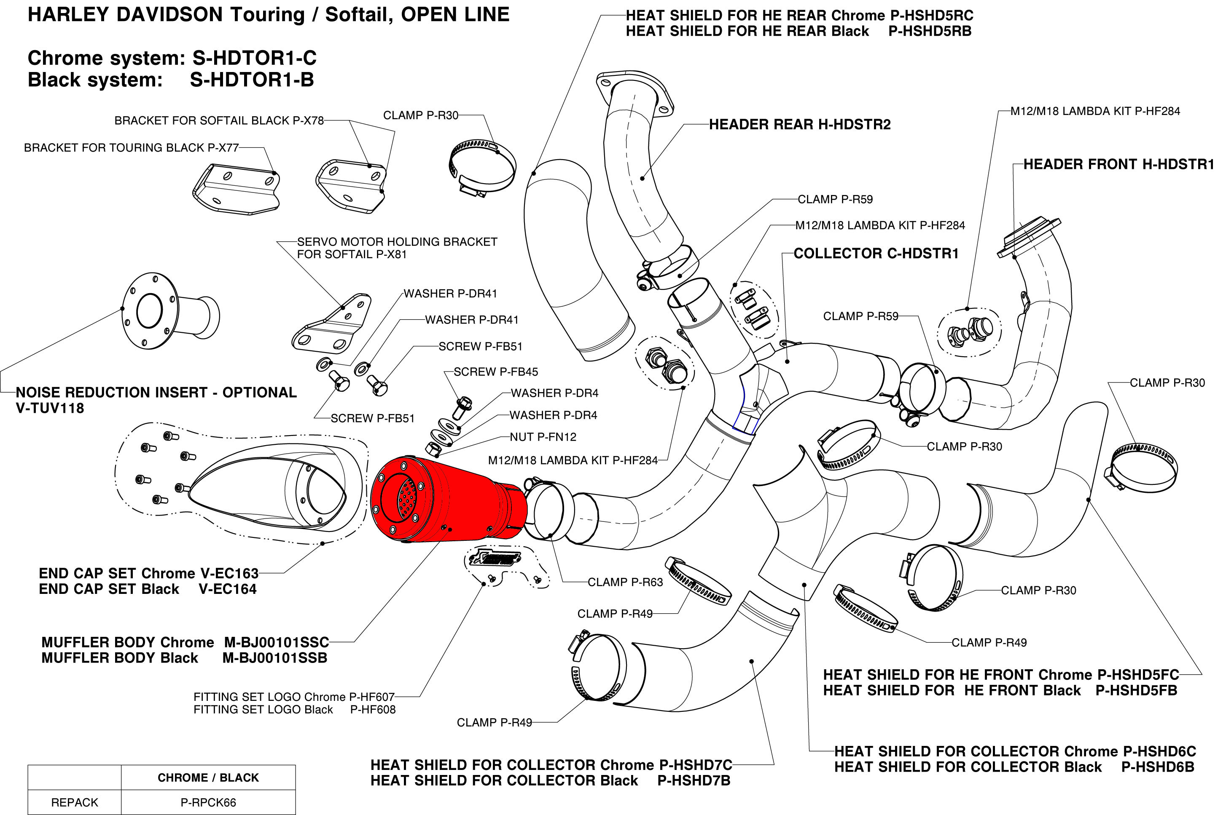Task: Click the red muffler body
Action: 447,499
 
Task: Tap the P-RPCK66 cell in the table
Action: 208,802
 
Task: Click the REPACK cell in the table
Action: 74,802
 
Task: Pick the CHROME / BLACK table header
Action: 208,778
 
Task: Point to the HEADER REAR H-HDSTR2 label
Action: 799,124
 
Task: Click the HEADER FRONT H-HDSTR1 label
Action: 1118,164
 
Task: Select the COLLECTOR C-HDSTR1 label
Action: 876,253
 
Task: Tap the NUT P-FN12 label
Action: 543,437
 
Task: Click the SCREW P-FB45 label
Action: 496,371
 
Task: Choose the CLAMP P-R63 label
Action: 625,582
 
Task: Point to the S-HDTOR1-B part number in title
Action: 252,80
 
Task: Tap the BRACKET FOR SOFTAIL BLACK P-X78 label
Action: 219,120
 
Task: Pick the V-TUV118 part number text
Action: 50,408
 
